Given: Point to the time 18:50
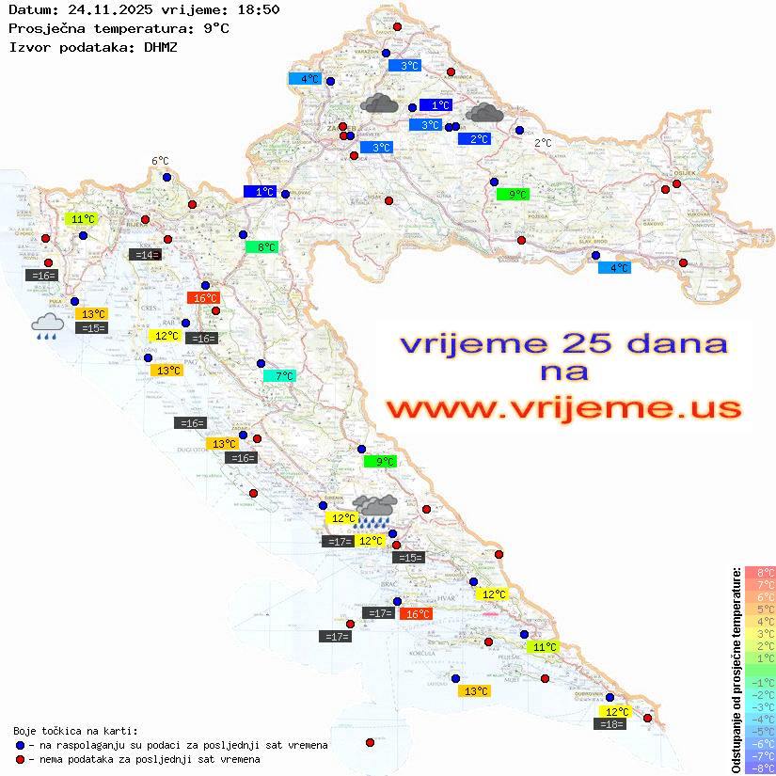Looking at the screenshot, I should pos(258,9).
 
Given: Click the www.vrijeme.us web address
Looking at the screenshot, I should pos(563,409).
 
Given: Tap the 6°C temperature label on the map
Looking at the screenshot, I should pos(160,161).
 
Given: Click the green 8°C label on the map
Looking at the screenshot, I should pos(261,247).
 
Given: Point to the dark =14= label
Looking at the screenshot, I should pos(145,254).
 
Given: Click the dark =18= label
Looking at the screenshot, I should pos(610,723).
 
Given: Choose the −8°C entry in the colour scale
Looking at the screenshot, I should pos(759,768).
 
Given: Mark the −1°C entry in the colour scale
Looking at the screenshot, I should pos(759,683).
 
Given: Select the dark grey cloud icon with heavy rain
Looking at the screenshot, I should pos(377,510).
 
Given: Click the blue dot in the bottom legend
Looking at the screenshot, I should pos(20,745).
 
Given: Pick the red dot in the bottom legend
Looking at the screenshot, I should pos(20,759).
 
